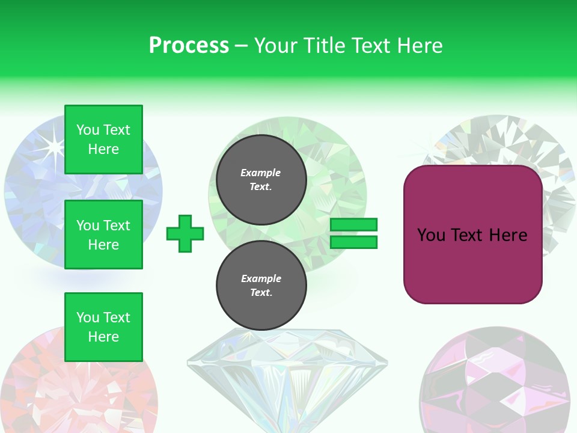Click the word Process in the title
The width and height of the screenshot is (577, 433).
tap(189, 45)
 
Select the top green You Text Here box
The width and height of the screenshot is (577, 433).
tap(103, 140)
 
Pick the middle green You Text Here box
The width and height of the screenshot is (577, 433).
tap(103, 235)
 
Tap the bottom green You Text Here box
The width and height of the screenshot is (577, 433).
tap(103, 327)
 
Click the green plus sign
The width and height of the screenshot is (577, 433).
tap(185, 233)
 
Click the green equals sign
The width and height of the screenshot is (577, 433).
tap(353, 233)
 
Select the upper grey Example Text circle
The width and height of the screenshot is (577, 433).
tap(261, 179)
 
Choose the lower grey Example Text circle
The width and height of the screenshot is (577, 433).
tap(261, 285)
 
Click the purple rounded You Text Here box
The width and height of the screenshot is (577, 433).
tap(472, 235)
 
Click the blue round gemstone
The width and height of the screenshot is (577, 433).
tap(36, 198)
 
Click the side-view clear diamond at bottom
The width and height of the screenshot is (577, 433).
tap(287, 379)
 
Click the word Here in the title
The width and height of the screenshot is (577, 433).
tap(418, 45)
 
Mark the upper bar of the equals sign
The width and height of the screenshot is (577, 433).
tap(353, 225)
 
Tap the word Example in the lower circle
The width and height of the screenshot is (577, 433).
tap(261, 278)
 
